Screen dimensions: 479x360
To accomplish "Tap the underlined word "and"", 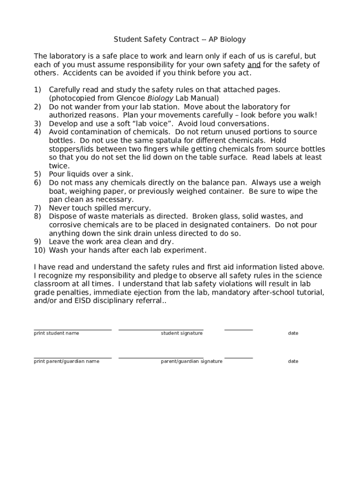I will pyautogui.click(x=254, y=65).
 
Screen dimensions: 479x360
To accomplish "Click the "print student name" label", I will pyautogui.click(x=57, y=333).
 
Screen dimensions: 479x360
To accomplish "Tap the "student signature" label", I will pyautogui.click(x=182, y=333).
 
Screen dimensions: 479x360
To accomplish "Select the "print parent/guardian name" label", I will pyautogui.click(x=66, y=361).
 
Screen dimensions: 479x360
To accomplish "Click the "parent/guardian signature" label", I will pyautogui.click(x=192, y=361).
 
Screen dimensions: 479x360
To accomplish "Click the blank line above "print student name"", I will pyautogui.click(x=72, y=330).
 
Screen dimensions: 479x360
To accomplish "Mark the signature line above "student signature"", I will pyautogui.click(x=161, y=330).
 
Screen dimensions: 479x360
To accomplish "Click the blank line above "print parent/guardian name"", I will pyautogui.click(x=72, y=358).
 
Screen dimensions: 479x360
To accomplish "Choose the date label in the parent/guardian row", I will pyautogui.click(x=293, y=361).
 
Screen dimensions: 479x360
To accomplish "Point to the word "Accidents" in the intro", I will pyautogui.click(x=80, y=73).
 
